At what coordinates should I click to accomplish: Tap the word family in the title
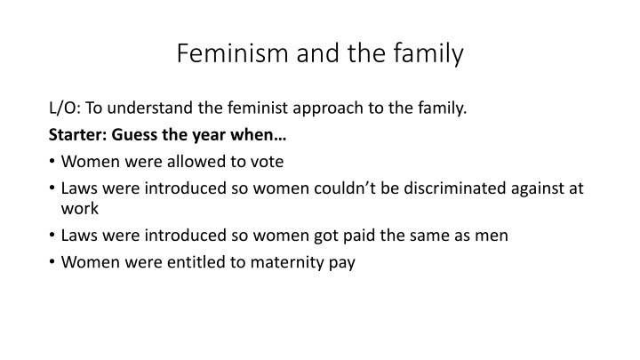pos(423,54)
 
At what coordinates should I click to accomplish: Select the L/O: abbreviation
pos(65,110)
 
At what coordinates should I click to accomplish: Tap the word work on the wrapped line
pos(79,208)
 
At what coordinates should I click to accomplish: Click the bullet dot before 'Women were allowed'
pos(53,162)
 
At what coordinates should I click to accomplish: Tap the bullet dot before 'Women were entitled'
pos(53,263)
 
